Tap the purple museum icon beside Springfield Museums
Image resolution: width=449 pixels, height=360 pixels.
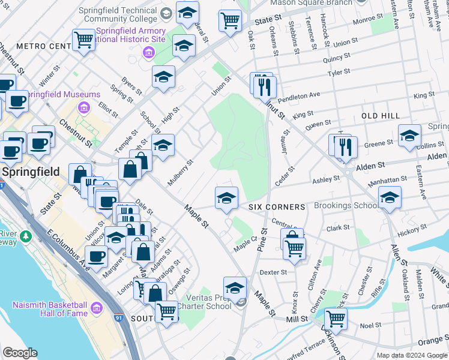[x=83, y=109]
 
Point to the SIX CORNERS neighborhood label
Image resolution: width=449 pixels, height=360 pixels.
[x=277, y=206]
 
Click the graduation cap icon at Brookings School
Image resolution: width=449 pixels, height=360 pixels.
[x=390, y=197]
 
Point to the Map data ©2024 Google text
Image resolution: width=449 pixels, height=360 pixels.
[x=412, y=355]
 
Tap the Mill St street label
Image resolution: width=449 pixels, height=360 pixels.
[x=297, y=320]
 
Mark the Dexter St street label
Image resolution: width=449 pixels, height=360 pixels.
[x=273, y=272]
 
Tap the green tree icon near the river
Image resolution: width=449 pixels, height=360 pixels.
[x=26, y=236]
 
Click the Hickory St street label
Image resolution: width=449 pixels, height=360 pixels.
[x=412, y=230]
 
